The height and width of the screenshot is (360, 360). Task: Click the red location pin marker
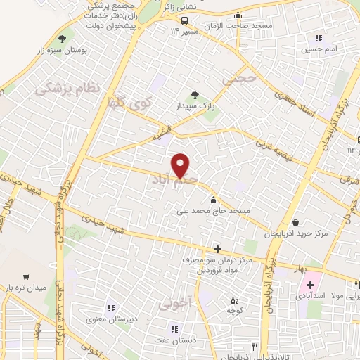pos(181,165)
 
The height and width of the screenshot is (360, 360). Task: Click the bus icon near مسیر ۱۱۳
pos(184,20)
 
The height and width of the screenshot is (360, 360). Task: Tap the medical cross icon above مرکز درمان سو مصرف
pos(217,249)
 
